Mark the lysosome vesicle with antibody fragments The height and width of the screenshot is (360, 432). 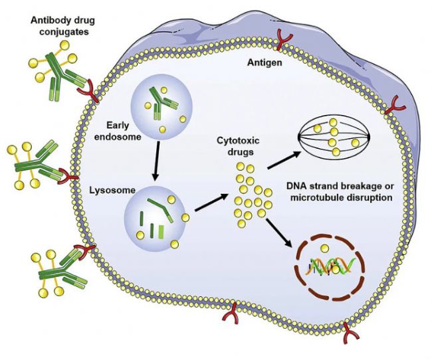pyautogui.click(x=153, y=216)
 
